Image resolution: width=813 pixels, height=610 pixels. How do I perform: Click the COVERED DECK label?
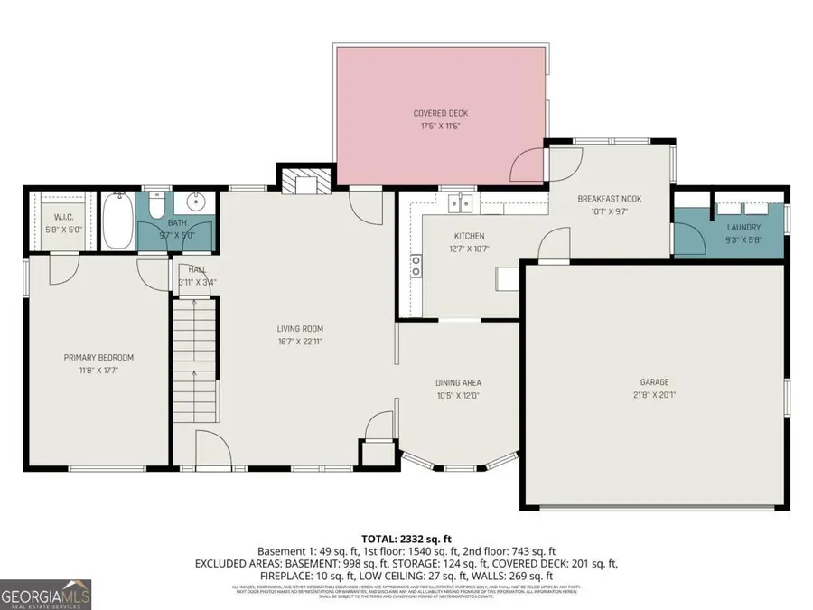[441, 113]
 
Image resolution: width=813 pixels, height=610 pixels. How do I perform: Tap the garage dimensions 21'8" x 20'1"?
[656, 395]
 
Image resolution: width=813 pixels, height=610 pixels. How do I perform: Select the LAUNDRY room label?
[743, 228]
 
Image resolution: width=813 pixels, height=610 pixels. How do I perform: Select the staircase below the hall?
[194, 343]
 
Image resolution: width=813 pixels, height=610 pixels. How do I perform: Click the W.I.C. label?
[63, 217]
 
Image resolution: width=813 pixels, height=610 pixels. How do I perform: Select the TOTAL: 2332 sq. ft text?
[406, 537]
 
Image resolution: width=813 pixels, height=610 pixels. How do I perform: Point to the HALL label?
[195, 269]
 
